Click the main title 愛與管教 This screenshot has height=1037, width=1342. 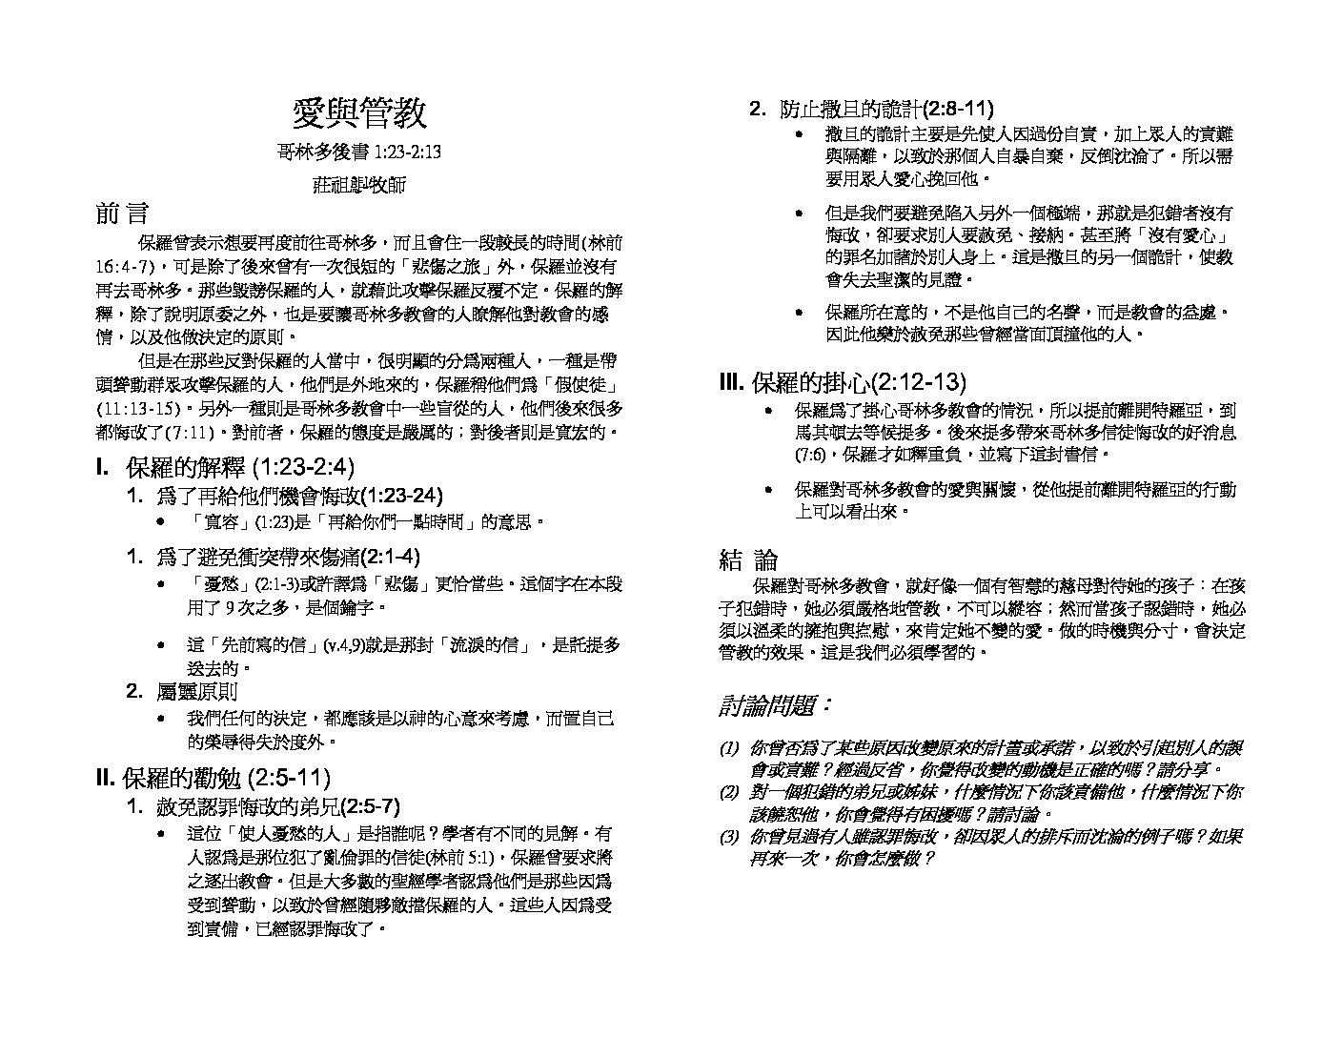click(359, 113)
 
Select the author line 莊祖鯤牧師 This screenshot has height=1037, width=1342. click(358, 184)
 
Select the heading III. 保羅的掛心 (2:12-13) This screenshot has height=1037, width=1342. click(843, 382)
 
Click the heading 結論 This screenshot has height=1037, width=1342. click(748, 559)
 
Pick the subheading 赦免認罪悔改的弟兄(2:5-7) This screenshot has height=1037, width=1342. click(277, 806)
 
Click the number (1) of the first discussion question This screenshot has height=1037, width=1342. click(729, 748)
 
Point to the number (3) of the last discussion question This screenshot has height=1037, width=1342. click(729, 837)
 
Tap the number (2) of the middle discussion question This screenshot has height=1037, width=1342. click(729, 792)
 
